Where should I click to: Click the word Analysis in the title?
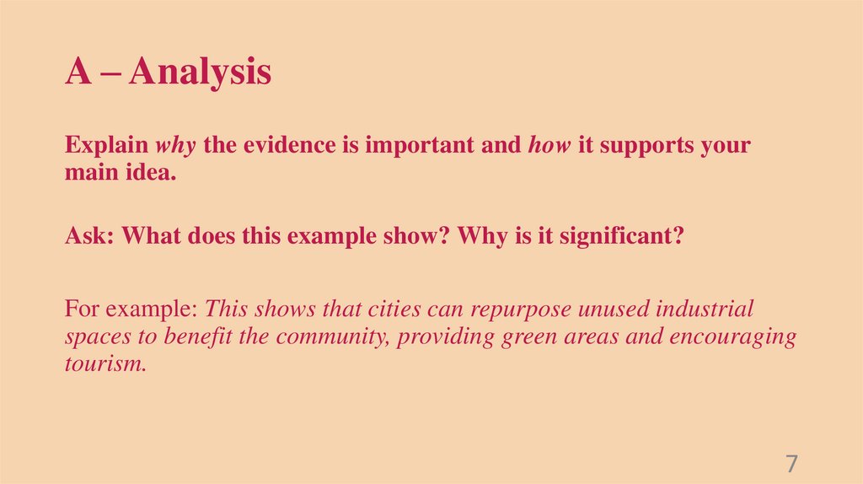point(201,73)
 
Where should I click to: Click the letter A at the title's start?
point(78,73)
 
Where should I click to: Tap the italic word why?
point(175,145)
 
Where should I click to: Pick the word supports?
point(646,145)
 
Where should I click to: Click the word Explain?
point(106,145)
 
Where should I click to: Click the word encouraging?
point(733,338)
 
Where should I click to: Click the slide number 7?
point(791,464)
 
